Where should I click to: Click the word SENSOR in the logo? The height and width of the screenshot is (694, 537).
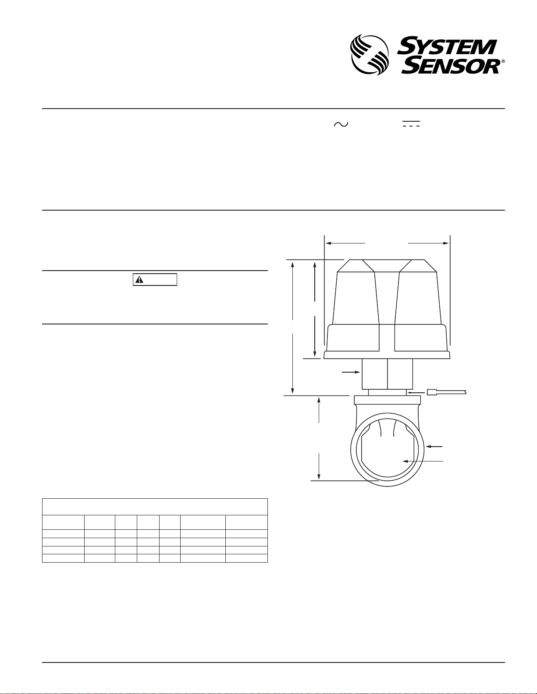[450, 66]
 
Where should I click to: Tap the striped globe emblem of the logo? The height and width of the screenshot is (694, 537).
[370, 55]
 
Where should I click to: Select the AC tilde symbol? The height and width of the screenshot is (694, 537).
[341, 124]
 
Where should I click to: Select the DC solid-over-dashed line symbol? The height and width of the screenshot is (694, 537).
[411, 124]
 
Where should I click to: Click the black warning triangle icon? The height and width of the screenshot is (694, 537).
[139, 280]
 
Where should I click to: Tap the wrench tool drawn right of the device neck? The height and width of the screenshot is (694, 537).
[447, 392]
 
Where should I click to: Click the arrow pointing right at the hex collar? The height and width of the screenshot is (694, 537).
[351, 372]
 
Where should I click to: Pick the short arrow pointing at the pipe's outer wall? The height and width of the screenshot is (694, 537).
[434, 447]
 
